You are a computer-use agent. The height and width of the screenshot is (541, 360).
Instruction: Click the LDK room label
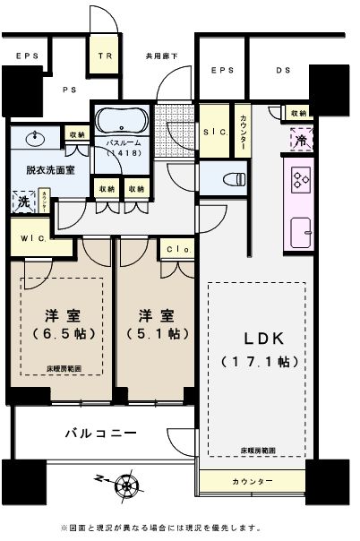coord(253,339)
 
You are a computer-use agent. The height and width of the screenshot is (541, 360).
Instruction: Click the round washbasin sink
coord(36,139)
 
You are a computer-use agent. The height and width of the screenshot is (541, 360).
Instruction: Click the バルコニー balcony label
coord(100,434)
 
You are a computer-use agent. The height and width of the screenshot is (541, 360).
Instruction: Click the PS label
coord(68,90)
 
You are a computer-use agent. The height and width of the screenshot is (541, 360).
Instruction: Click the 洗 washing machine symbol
coord(20,202)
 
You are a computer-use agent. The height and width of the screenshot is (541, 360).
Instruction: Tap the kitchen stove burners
coord(298,182)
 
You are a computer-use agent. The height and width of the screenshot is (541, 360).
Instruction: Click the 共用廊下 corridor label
coord(162,56)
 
